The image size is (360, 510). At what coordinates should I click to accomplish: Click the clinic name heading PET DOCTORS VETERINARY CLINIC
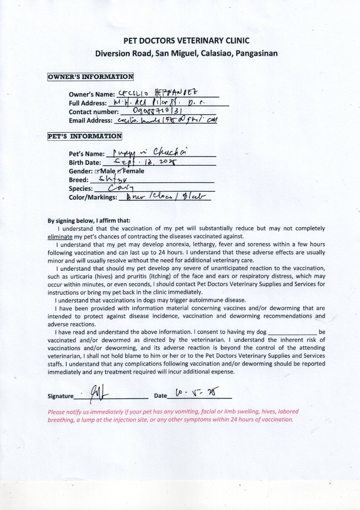(186, 41)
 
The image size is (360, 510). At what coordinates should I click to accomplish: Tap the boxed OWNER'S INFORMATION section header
(91, 76)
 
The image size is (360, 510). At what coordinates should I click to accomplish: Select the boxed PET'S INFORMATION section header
(85, 136)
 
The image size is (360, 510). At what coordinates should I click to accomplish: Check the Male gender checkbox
(97, 171)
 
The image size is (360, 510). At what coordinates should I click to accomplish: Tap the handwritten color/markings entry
(161, 197)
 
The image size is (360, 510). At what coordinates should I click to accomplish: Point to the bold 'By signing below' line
(89, 221)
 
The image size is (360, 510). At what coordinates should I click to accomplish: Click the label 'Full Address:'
(88, 103)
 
